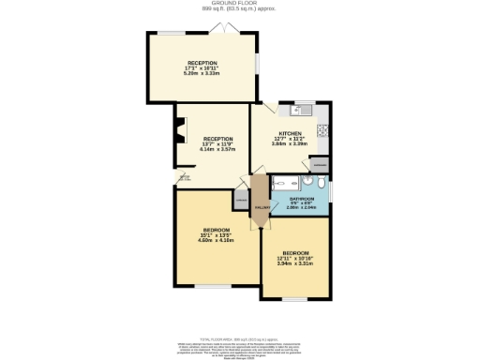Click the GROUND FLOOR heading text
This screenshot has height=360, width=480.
(239, 4)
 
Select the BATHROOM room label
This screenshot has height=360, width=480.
(301, 199)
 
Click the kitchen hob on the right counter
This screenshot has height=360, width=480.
(322, 130)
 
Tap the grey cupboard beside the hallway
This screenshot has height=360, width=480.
(241, 200)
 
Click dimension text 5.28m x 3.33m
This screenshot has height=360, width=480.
(202, 73)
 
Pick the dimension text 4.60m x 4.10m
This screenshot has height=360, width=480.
(215, 241)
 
